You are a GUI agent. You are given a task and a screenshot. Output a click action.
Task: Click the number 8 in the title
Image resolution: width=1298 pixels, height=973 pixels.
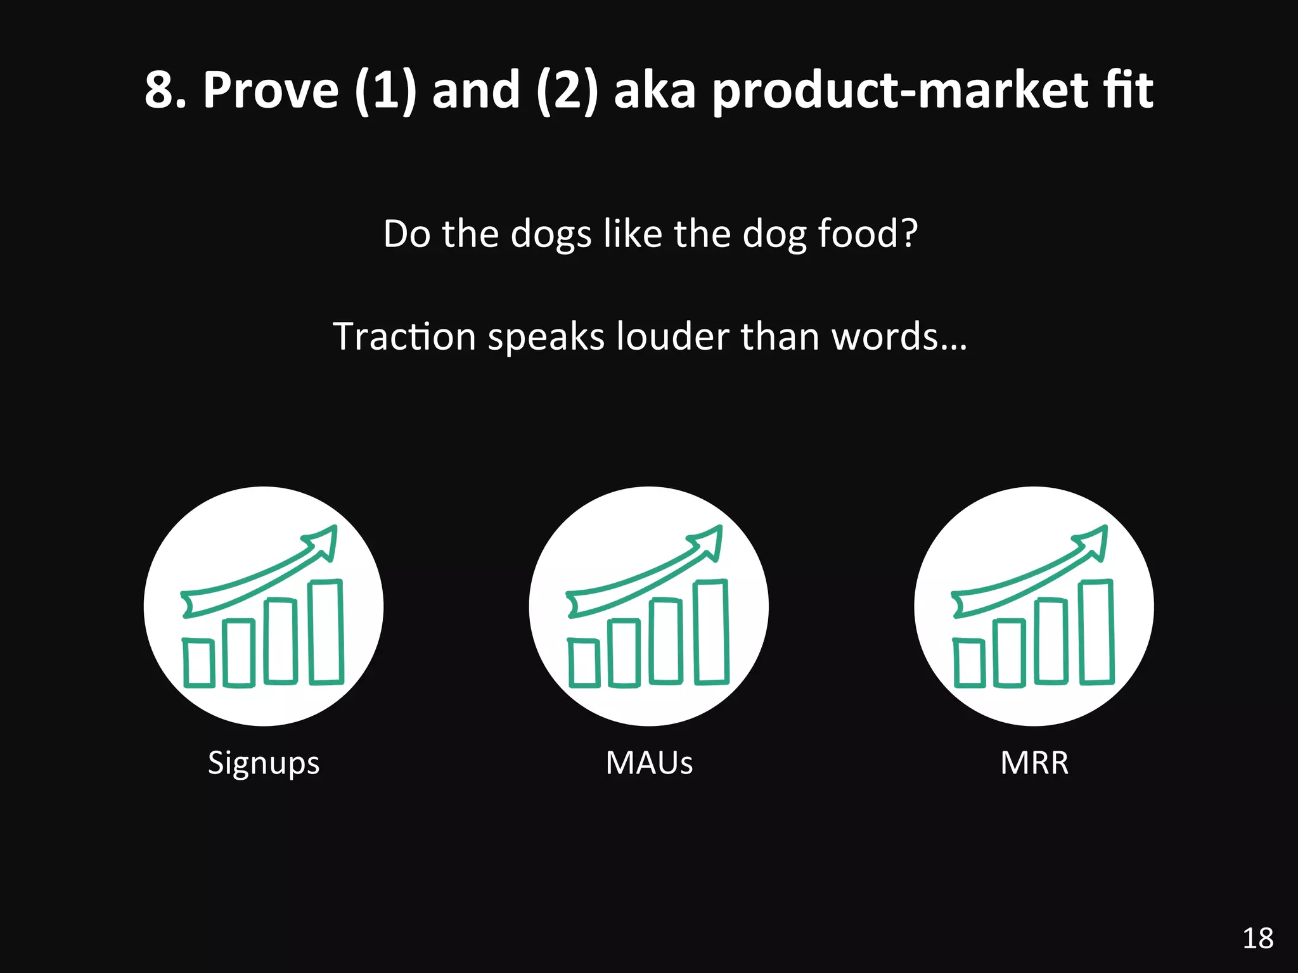coord(158,91)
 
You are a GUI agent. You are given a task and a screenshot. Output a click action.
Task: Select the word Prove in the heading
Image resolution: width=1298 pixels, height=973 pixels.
coord(271,91)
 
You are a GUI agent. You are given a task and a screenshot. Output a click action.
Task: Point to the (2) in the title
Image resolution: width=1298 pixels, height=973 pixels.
coord(567,91)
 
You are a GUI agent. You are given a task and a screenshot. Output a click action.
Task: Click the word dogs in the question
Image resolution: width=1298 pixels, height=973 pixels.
coord(551,234)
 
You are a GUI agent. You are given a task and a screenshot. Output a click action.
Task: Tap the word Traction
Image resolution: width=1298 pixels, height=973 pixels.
coord(404,336)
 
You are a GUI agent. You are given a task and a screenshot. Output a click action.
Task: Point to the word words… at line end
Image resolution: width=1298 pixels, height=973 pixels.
coord(899,336)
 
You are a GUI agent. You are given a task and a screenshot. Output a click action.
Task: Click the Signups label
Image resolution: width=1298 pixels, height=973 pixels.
coord(264,763)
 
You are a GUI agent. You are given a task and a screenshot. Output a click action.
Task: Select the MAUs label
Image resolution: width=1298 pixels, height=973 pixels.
coord(649,763)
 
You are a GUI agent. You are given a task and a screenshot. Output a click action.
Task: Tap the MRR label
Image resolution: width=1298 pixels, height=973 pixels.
coord(1034,763)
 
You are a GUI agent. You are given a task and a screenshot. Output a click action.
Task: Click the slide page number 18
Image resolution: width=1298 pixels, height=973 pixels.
coord(1257,938)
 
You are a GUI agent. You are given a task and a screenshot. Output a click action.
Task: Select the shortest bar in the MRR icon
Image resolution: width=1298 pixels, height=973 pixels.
coord(968,663)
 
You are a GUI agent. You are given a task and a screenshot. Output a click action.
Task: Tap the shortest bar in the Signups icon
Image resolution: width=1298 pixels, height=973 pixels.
coord(198,663)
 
